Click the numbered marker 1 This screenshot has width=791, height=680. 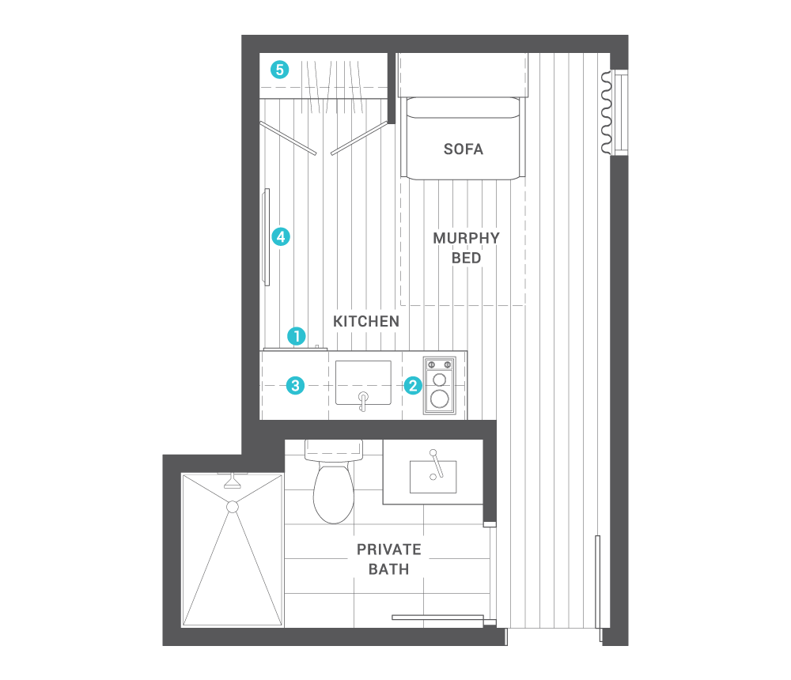[297, 336]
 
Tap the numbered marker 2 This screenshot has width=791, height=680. [412, 386]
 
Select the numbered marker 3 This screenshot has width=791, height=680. [295, 386]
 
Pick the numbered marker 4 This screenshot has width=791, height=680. [280, 236]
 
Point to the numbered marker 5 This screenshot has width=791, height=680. [279, 70]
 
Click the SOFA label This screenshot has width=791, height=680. [464, 149]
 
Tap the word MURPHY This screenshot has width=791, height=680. [466, 238]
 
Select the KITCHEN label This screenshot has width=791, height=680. [365, 322]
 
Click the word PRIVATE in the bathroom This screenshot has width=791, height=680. [388, 550]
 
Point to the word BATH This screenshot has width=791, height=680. [388, 568]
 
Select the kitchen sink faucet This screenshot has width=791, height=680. [363, 400]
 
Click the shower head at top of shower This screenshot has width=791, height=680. [233, 481]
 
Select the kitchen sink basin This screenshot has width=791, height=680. [363, 382]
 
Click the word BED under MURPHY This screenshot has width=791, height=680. [466, 258]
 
